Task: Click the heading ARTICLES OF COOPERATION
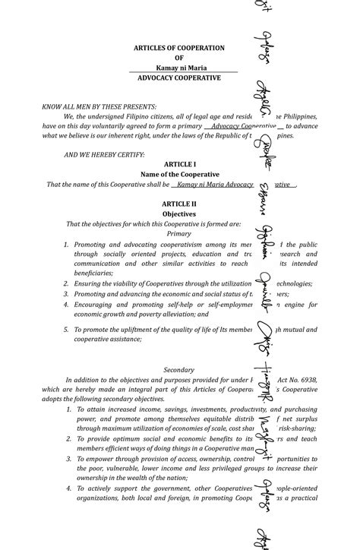[179, 48]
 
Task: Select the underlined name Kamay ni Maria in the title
[179, 68]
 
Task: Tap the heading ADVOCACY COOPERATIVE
[179, 77]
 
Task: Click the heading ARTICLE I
[179, 164]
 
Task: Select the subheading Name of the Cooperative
[179, 174]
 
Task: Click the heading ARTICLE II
[179, 204]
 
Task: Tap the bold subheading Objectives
[179, 214]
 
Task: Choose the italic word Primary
[179, 234]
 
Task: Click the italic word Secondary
[179, 369]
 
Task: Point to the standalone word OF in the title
[179, 58]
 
